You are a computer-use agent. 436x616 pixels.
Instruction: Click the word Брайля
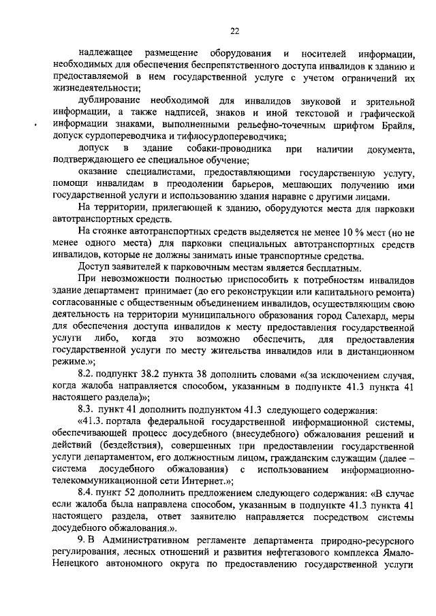(x=394, y=126)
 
